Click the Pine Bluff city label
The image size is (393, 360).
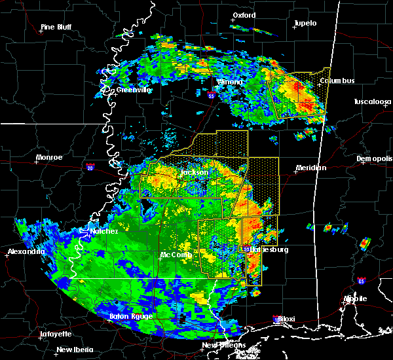[56, 27]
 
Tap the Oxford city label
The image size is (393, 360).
[244, 14]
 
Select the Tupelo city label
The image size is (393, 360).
[305, 23]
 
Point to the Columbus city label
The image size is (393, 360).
[337, 81]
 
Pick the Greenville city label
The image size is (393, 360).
[134, 90]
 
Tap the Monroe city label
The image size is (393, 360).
[49, 157]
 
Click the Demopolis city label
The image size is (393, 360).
[374, 159]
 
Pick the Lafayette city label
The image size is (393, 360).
[55, 334]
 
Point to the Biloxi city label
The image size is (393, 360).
[286, 319]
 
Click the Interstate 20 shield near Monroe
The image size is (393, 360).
[90, 167]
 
